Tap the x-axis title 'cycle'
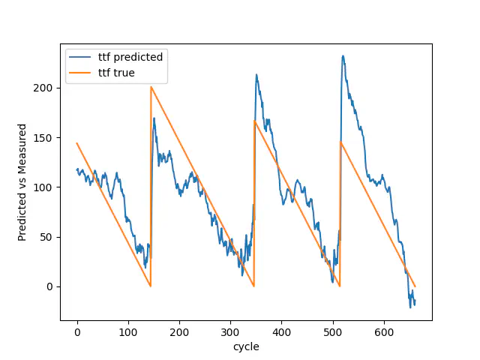click(x=246, y=347)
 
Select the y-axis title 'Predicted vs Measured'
click(x=22, y=182)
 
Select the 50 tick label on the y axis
click(x=48, y=237)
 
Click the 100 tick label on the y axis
click(x=45, y=187)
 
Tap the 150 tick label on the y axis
click(x=45, y=137)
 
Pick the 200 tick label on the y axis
click(x=45, y=88)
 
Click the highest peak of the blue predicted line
click(x=343, y=55)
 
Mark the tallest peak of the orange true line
click(x=151, y=87)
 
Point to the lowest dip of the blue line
click(x=410, y=307)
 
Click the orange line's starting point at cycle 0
click(x=77, y=143)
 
